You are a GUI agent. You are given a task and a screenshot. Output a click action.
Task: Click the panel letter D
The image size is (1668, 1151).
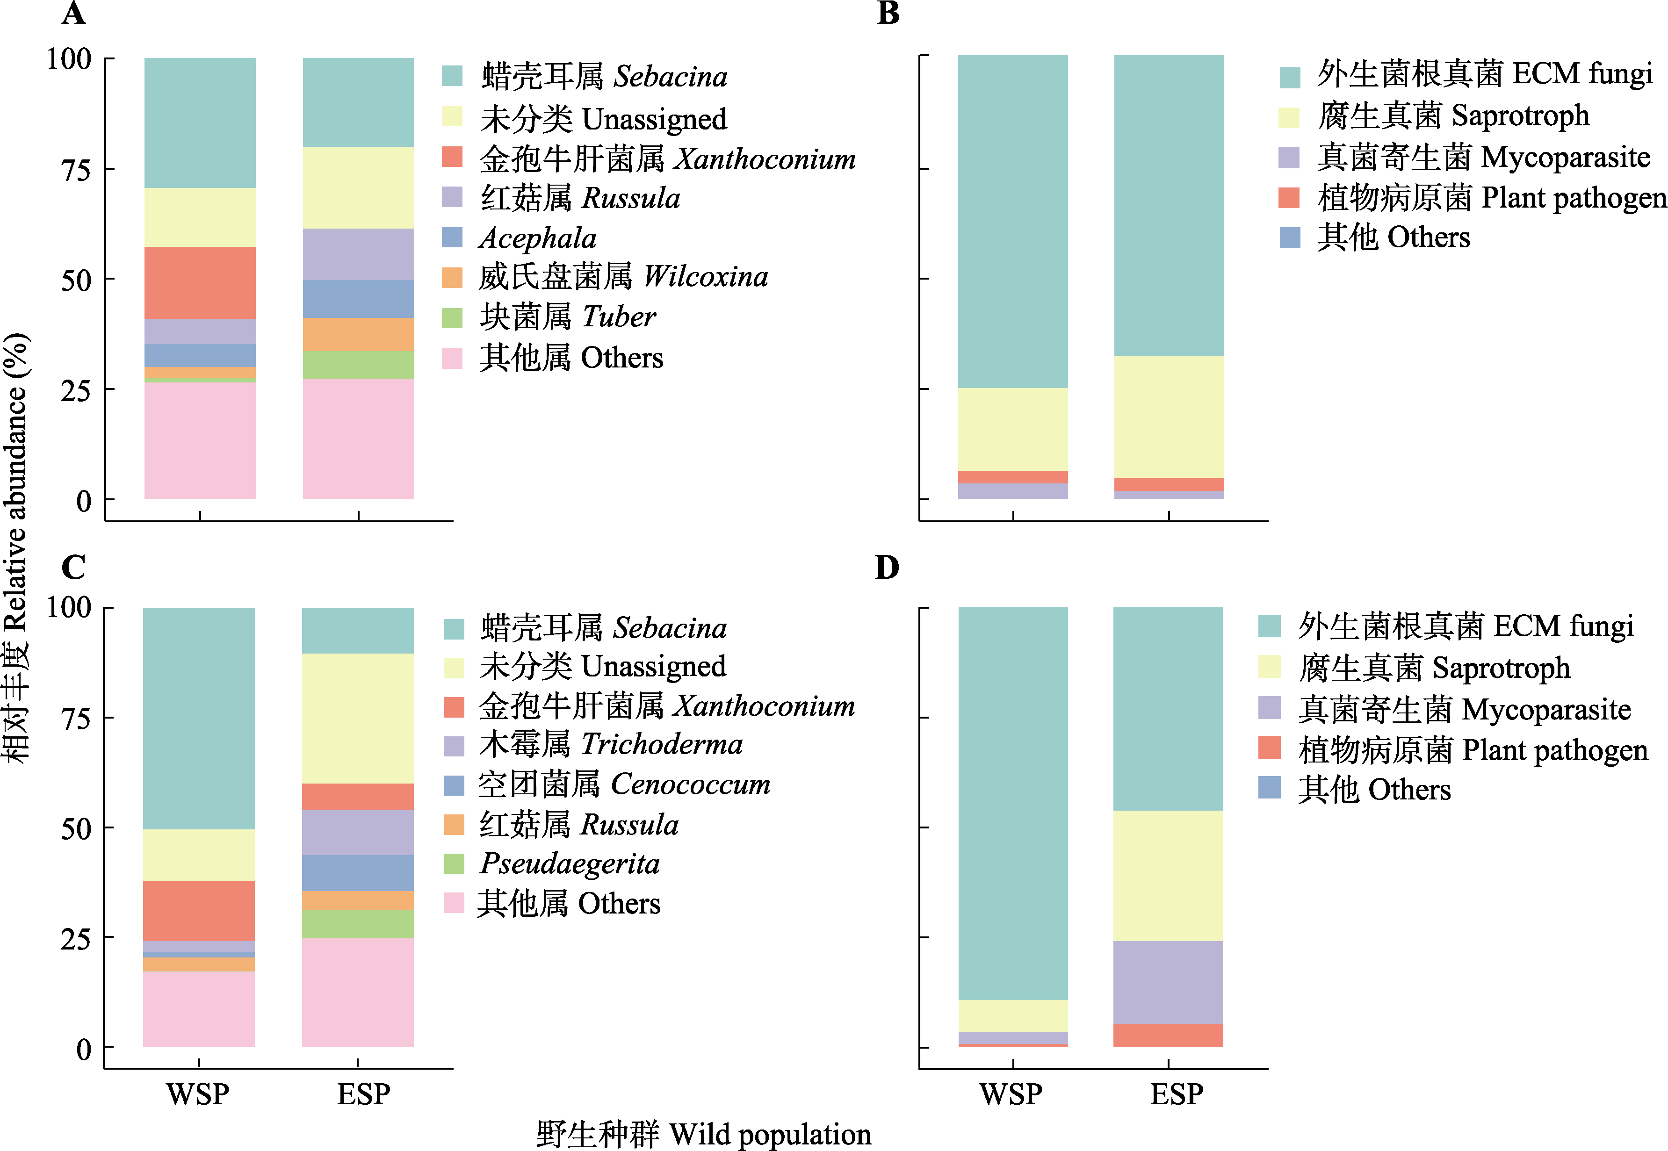point(887,568)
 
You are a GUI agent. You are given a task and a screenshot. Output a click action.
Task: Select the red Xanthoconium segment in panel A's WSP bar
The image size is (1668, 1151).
point(200,283)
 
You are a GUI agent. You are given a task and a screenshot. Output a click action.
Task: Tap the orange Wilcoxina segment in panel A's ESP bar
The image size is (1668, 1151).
point(358,335)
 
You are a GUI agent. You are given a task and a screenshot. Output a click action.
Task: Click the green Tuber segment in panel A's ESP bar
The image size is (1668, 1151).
point(358,365)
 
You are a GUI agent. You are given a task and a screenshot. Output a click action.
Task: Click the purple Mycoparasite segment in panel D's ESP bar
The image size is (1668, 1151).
point(1168,982)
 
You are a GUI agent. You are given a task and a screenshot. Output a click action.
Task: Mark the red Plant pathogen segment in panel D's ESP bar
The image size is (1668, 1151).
point(1168,1035)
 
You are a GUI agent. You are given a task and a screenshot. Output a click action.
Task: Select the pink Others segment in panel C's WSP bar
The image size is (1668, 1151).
point(199,1009)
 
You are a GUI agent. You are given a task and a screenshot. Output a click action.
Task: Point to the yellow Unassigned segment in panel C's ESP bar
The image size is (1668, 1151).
point(358,718)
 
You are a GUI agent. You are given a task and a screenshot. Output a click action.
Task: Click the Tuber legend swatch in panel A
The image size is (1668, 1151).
point(452,318)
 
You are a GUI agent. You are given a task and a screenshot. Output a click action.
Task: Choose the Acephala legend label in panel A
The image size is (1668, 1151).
point(538,238)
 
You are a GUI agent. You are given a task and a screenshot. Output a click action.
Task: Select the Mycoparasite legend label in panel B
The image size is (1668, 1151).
point(1483,157)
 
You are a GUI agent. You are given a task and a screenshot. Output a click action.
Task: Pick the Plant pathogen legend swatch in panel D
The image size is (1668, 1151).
point(1269,748)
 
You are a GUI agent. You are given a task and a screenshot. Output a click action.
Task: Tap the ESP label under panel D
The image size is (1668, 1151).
point(1176,1094)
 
